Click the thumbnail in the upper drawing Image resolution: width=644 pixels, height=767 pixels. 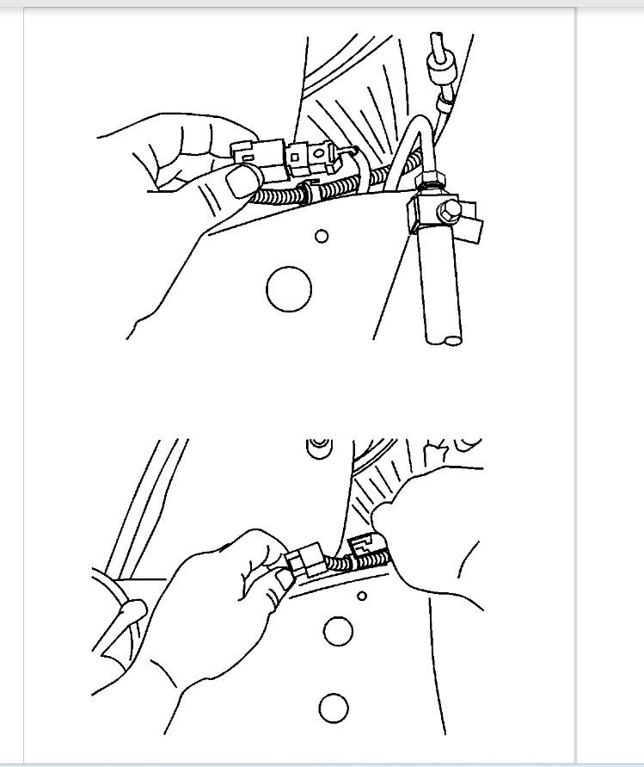244,180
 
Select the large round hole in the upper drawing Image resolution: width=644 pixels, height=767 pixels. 289,288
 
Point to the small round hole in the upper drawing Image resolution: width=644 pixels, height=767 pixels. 322,235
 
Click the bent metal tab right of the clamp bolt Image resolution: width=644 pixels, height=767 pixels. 472,230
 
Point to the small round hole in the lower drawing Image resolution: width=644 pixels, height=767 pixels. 362,596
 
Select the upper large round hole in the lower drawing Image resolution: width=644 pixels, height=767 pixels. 338,631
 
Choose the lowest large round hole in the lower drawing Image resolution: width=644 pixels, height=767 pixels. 333,708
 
